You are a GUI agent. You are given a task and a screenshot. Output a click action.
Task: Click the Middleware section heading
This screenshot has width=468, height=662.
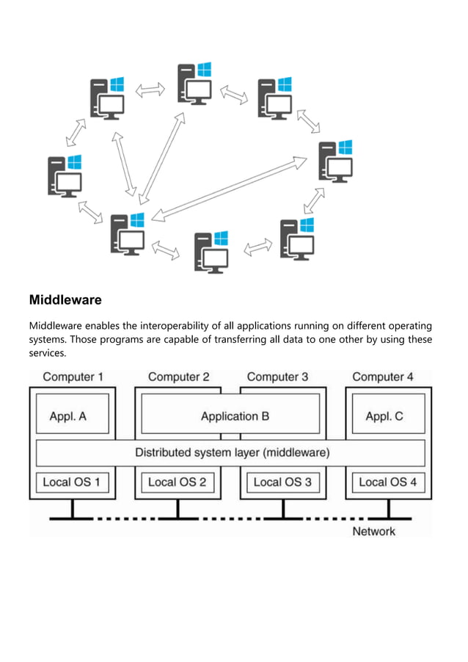click(x=65, y=300)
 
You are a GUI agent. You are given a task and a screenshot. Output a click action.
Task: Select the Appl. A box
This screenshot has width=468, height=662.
click(x=68, y=416)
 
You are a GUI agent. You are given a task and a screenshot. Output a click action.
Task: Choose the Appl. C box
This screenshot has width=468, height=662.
click(x=384, y=416)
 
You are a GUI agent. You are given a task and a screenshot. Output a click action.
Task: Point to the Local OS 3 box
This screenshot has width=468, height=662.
click(x=282, y=482)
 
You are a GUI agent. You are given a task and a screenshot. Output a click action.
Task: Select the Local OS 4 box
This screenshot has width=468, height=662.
click(x=388, y=482)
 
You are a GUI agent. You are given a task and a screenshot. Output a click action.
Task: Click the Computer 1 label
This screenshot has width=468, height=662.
click(x=73, y=377)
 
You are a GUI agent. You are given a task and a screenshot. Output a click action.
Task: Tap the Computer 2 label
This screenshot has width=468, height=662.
click(x=178, y=377)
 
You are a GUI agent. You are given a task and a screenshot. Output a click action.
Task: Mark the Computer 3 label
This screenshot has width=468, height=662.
click(x=277, y=377)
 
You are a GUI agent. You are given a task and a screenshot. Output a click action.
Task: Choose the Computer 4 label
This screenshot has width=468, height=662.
click(x=383, y=377)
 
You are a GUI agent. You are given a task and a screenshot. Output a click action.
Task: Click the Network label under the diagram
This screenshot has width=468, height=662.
click(x=373, y=531)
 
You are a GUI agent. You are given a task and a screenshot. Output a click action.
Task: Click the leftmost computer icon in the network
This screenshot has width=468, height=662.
click(x=65, y=175)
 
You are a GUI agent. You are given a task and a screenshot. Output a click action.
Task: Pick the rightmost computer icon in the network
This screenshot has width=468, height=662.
click(x=336, y=161)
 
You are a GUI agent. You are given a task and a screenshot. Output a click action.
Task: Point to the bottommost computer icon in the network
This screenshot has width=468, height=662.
click(x=211, y=252)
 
